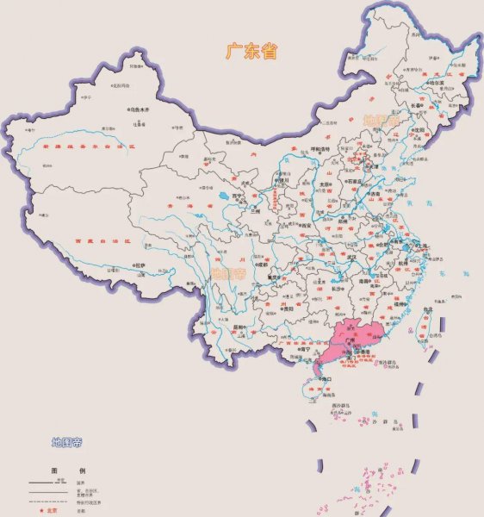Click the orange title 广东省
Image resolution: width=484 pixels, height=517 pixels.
click(251, 52)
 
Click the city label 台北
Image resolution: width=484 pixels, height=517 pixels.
click(429, 312)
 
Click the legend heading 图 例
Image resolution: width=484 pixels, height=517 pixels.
click(67, 470)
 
